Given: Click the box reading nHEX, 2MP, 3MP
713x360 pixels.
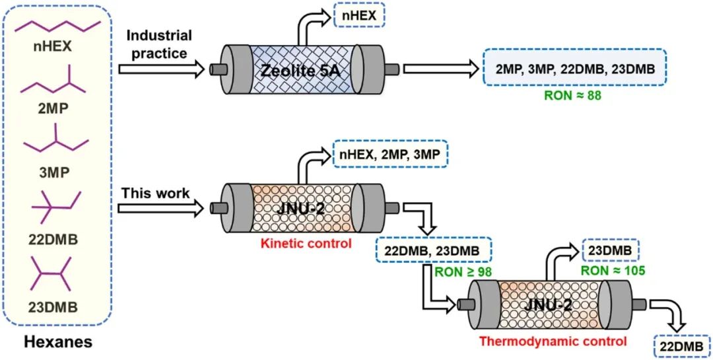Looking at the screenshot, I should click(x=390, y=155).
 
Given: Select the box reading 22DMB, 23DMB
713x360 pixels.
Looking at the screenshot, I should click(x=433, y=250).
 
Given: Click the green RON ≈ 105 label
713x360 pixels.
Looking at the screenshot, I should click(x=612, y=270).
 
